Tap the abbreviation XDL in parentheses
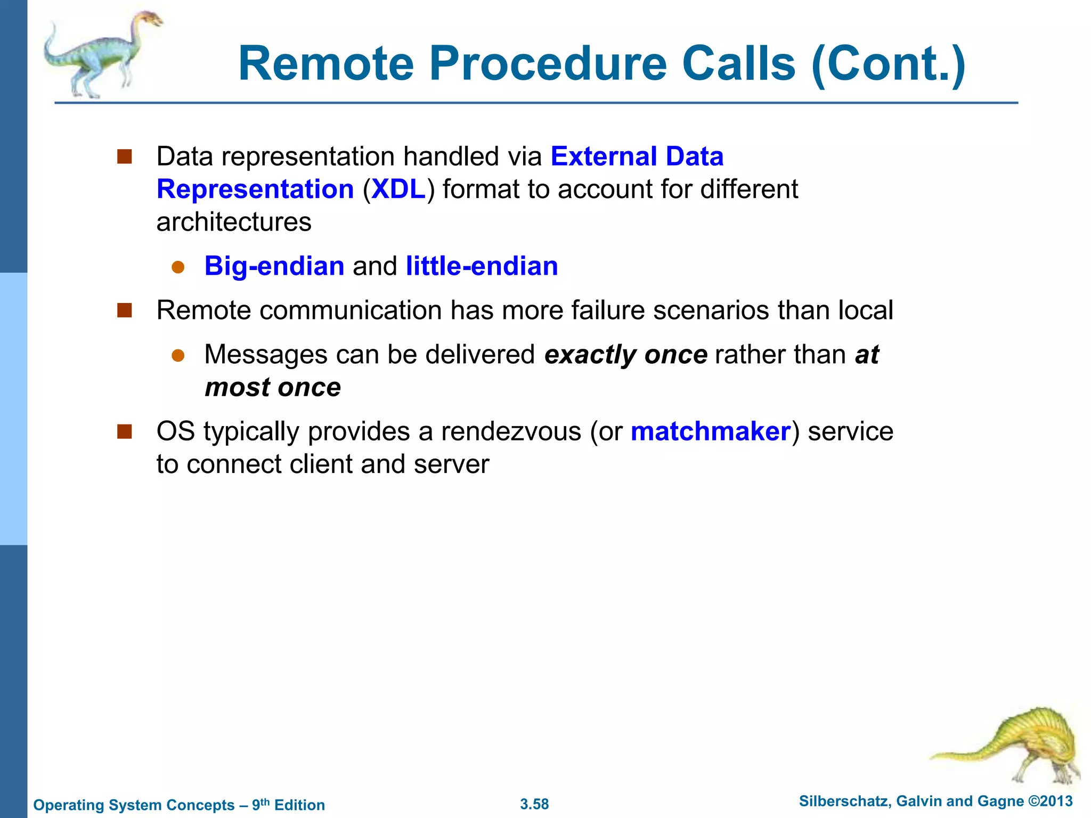[x=398, y=190]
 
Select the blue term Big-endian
[x=274, y=266]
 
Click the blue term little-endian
[x=482, y=266]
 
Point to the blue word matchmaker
[x=710, y=431]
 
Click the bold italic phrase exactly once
[x=625, y=355]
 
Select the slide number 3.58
[x=534, y=804]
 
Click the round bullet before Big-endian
[x=178, y=267]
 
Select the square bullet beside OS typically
[x=125, y=431]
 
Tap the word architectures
[x=233, y=222]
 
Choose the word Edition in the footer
[x=299, y=805]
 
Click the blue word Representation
[x=255, y=190]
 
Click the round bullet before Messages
[x=178, y=356]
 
